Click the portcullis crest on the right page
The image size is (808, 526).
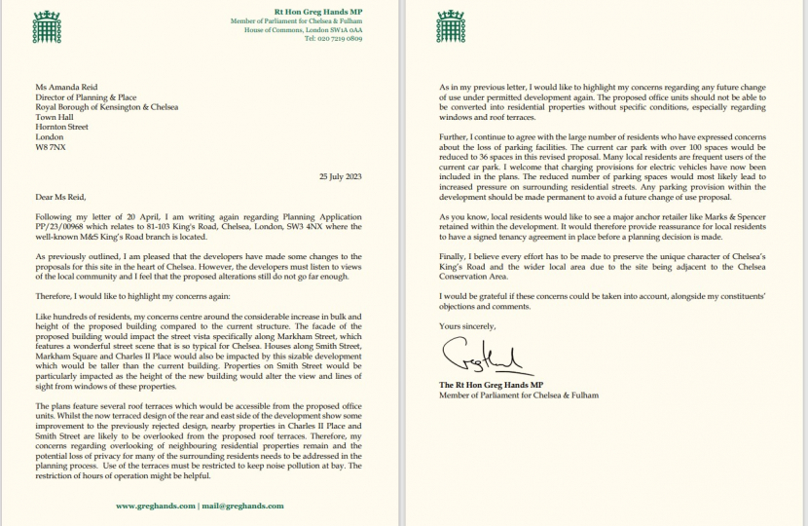[449, 20]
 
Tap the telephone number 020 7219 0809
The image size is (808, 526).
[335, 39]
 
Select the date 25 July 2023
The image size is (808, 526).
[340, 147]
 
